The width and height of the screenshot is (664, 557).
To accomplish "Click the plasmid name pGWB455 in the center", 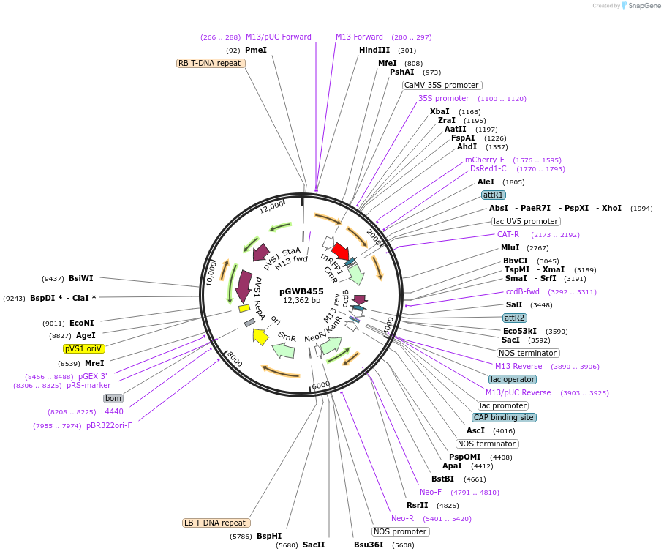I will point(301,291).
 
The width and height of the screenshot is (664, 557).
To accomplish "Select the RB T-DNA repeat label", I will point(211,63).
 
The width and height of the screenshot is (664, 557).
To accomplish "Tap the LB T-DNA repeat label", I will point(216,523).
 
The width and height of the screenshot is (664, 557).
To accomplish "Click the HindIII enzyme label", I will point(374,51).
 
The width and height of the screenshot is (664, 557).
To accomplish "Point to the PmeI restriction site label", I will point(256,51).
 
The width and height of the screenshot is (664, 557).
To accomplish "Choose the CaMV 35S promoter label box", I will point(442,85).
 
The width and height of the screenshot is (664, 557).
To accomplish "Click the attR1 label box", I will point(493,195).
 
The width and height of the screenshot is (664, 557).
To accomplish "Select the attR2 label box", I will point(514,318).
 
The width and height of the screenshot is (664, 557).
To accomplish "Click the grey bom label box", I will point(113,398).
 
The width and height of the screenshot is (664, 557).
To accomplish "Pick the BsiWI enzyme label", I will point(81,278).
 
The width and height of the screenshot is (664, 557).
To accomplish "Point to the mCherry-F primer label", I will point(485,160).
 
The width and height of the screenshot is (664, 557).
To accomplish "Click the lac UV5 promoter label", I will point(525,221).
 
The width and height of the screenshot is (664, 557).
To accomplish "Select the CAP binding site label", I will point(503,417).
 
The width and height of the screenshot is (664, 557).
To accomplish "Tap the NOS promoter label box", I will point(399,531).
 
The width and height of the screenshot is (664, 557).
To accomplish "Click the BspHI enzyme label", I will point(269,536).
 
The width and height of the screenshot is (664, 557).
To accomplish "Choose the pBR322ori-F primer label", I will point(109,425).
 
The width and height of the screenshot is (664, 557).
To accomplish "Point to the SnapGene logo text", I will point(640,6).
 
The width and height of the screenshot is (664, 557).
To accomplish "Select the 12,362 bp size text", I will point(301,301).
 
